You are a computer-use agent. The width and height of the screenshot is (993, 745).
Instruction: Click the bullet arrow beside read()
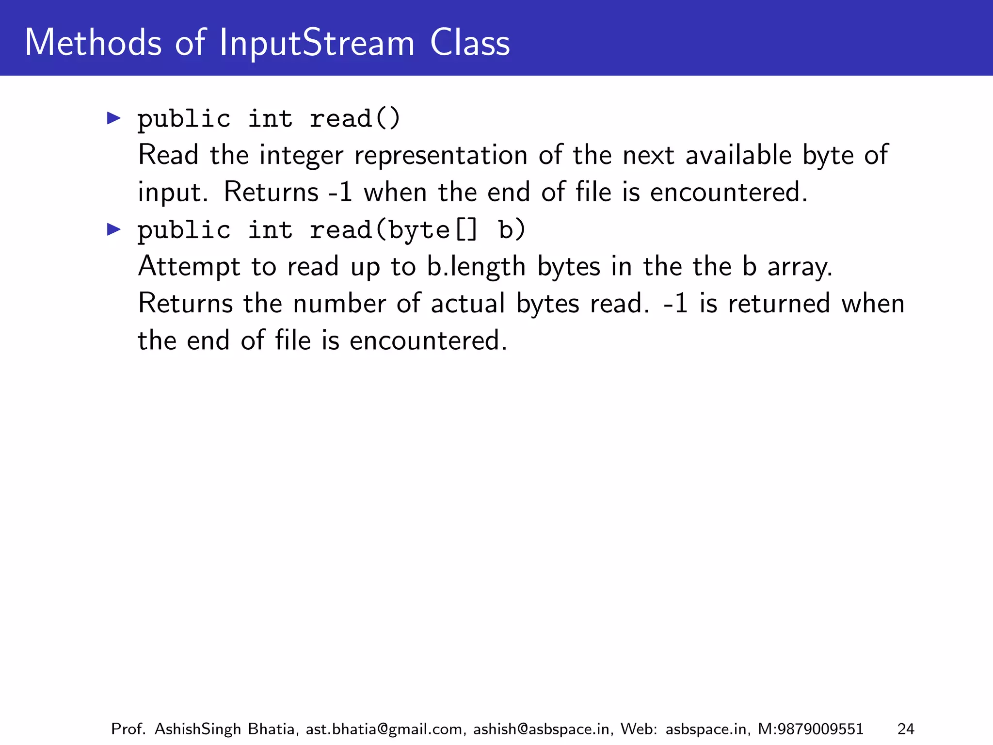click(x=113, y=118)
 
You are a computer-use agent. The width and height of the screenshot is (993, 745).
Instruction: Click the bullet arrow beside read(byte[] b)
click(x=113, y=229)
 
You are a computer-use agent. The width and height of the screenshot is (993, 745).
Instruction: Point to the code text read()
click(x=355, y=119)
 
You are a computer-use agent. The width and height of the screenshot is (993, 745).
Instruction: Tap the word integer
click(x=301, y=156)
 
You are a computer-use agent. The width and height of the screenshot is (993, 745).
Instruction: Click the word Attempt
click(x=189, y=267)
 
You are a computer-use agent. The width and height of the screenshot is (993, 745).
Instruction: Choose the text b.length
click(x=476, y=267)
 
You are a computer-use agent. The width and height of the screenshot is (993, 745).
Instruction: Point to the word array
click(x=800, y=267)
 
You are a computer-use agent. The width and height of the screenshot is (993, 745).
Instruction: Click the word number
click(x=339, y=304)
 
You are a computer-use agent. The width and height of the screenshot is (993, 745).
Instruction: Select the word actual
click(x=468, y=304)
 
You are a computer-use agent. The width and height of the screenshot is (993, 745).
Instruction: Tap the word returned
click(x=779, y=304)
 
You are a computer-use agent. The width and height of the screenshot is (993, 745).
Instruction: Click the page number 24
click(x=906, y=729)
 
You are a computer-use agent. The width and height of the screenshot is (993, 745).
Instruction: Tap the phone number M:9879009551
click(x=810, y=729)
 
